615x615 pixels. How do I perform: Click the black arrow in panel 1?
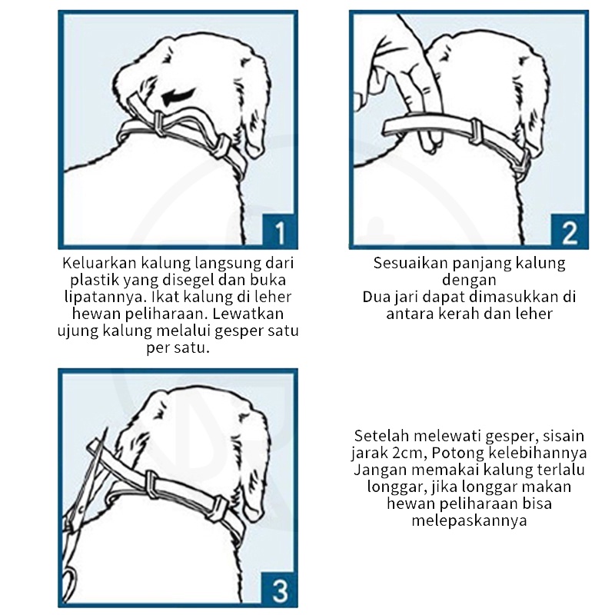point(179,97)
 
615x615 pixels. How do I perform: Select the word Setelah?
point(381,436)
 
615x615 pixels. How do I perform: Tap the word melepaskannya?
point(469,521)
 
